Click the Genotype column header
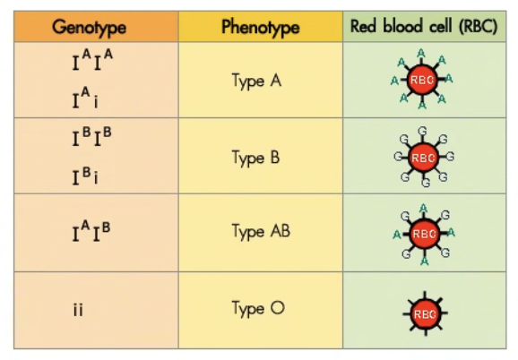[90, 27]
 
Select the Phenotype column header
[260, 27]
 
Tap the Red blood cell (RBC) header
[424, 26]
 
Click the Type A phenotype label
[256, 81]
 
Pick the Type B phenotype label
[255, 158]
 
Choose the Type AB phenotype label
[261, 231]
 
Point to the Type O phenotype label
[258, 308]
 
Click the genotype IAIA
[92, 60]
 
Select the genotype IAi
[85, 98]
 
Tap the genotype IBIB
[92, 137]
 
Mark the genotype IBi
[85, 176]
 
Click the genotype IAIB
[91, 231]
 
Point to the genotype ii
[78, 310]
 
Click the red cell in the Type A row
[422, 80]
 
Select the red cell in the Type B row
[423, 158]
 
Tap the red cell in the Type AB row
[425, 234]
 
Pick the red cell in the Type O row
[425, 313]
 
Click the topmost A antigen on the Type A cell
[421, 53]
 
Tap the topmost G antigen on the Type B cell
[422, 131]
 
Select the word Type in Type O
[248, 309]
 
